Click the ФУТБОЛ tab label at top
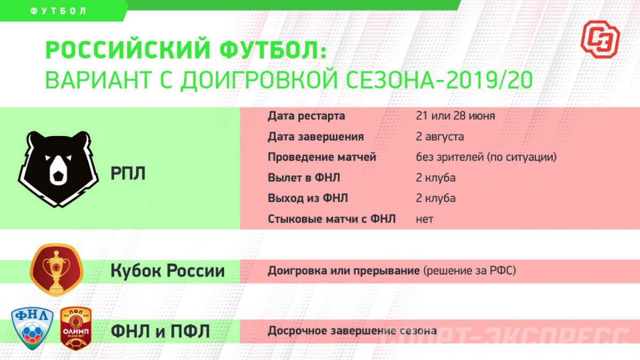[58, 11]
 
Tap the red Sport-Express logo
[601, 39]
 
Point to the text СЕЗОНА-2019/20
[439, 80]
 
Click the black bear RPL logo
[58, 169]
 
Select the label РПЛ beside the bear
[128, 173]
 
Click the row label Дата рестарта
[306, 116]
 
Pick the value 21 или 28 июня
[455, 116]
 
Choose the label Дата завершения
[316, 137]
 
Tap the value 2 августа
[440, 137]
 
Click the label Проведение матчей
[322, 157]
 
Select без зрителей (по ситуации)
[486, 157]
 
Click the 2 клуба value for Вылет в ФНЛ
[436, 178]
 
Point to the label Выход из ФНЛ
[308, 198]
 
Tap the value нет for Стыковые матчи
[425, 219]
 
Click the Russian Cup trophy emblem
[57, 270]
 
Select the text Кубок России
[167, 270]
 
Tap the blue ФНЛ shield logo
[33, 329]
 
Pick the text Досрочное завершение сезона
[352, 331]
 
